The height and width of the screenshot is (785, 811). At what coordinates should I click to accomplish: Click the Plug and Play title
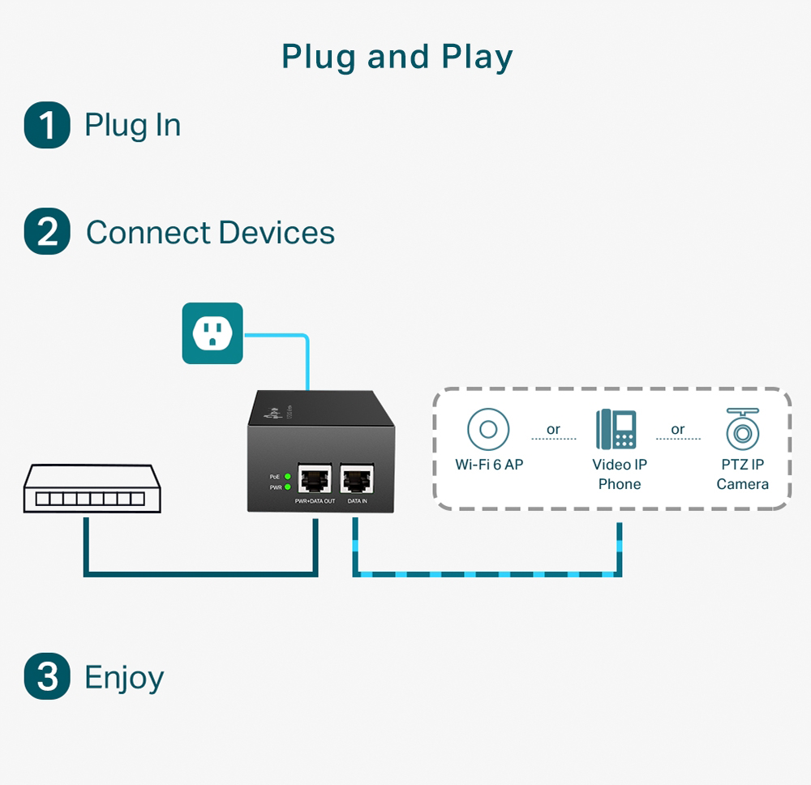point(397,58)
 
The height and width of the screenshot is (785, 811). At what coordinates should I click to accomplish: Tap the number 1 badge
point(47,126)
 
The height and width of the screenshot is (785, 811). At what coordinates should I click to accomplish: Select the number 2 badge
point(47,232)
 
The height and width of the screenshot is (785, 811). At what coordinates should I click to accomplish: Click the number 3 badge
point(47,677)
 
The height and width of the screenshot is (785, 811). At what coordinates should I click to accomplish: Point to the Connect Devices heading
point(210,233)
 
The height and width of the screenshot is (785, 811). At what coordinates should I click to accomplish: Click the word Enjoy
point(124,678)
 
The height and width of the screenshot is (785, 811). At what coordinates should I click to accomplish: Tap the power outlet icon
point(212,332)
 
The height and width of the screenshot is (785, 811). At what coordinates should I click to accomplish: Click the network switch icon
point(92,489)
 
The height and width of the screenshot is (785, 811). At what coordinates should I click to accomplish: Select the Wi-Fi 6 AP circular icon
point(488,429)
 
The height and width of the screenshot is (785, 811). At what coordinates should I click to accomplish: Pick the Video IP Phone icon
point(616,429)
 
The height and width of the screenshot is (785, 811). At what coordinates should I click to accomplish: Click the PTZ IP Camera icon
point(742,429)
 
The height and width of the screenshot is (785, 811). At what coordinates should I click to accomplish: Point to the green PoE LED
point(288,476)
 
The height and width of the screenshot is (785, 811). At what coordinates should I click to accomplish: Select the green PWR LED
point(288,487)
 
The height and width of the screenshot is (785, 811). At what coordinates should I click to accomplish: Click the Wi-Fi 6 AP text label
point(489,465)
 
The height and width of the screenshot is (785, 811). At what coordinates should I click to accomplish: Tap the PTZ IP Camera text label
point(742,474)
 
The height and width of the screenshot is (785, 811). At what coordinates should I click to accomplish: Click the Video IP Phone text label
point(619,474)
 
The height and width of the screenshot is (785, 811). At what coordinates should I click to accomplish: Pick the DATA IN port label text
point(358,502)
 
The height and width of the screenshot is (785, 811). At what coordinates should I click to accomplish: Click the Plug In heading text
point(132,126)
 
